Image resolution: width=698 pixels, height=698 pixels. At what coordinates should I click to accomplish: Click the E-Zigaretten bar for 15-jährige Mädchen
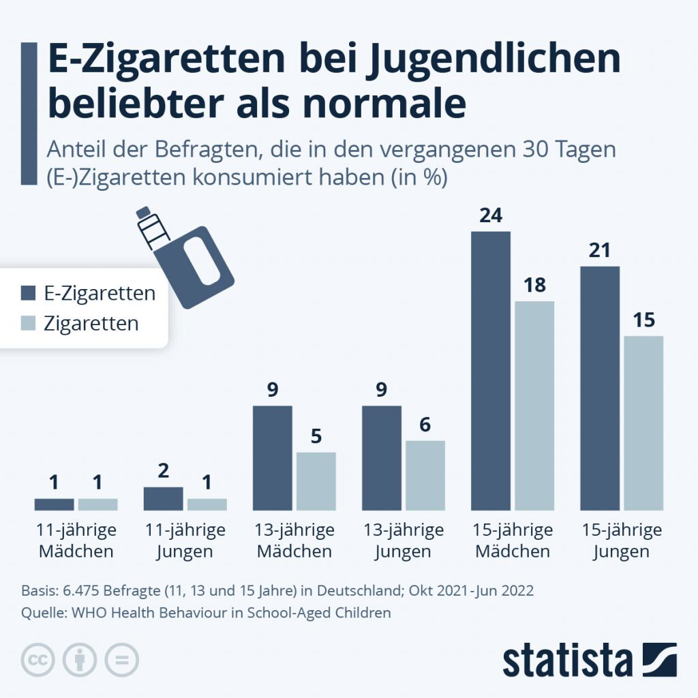pyautogui.click(x=491, y=371)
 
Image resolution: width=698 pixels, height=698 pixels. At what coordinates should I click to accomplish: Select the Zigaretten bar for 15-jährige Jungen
pyautogui.click(x=643, y=423)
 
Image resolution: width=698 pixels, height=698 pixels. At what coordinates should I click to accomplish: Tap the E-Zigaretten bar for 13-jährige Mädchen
pyautogui.click(x=273, y=458)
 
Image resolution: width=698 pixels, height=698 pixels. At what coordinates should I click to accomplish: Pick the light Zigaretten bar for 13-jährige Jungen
pyautogui.click(x=425, y=475)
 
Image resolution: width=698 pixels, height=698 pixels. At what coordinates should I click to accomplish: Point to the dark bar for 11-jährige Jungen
pyautogui.click(x=164, y=498)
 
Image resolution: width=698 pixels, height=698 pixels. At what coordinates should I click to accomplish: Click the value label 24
pyautogui.click(x=491, y=216)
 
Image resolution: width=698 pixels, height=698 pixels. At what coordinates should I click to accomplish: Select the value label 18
pyautogui.click(x=534, y=286)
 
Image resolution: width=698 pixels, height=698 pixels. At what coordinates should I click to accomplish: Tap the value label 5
pyautogui.click(x=316, y=436)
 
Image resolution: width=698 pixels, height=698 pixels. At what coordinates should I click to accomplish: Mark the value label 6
pyautogui.click(x=425, y=425)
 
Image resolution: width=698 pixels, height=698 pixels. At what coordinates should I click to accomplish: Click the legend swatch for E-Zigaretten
pyautogui.click(x=28, y=294)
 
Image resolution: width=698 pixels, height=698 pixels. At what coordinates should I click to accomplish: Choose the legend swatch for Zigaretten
pyautogui.click(x=28, y=323)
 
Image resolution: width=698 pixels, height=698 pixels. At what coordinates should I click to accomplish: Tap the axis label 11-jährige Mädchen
pyautogui.click(x=76, y=540)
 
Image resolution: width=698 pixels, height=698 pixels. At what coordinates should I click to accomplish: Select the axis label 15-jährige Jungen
pyautogui.click(x=622, y=540)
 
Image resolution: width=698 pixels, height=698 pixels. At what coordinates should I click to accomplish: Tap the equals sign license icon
pyautogui.click(x=121, y=660)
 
